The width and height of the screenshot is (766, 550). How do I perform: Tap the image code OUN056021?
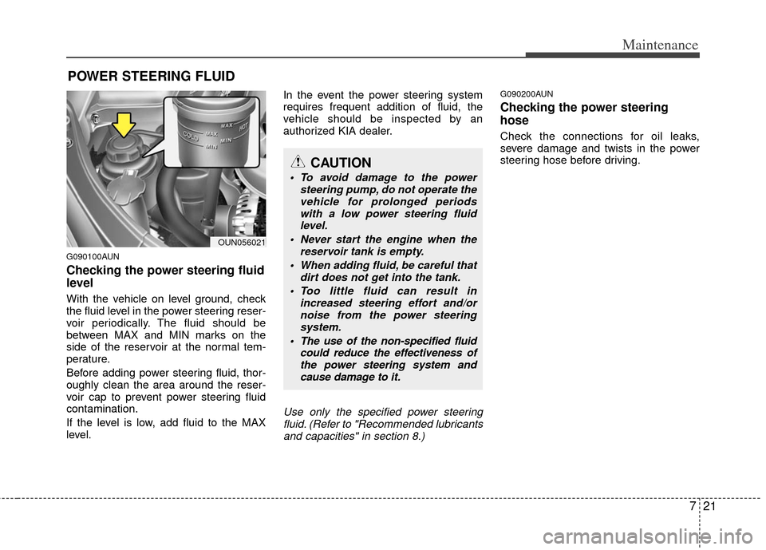tap(240, 241)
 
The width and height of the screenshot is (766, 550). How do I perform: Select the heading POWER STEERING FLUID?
tap(151, 77)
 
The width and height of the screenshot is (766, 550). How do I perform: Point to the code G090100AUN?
tap(93, 257)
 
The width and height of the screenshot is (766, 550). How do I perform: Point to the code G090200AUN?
tap(526, 93)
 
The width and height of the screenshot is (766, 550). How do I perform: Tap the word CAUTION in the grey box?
tap(345, 164)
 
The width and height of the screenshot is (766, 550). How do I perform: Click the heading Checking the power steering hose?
tap(583, 113)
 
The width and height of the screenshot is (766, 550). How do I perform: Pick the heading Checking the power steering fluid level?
tap(165, 276)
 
